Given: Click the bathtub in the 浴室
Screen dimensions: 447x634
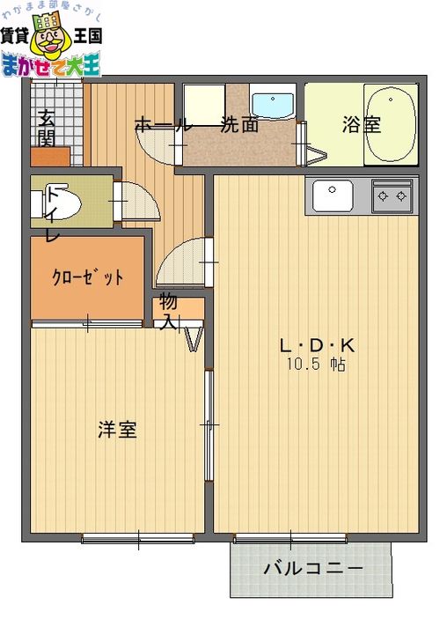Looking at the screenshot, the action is pos(391,124).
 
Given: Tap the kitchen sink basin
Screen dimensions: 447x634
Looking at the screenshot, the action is pos(333,196).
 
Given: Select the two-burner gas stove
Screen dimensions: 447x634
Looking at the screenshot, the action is pos(392,196).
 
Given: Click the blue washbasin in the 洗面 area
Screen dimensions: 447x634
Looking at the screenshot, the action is pos(273,104).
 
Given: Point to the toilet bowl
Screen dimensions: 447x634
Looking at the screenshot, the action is pos(60,202).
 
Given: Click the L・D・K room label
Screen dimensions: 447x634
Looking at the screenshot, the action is pos(318,346).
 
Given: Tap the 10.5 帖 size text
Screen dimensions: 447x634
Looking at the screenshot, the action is pos(316,365).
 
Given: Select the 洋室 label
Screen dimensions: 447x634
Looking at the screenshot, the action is pos(118,430).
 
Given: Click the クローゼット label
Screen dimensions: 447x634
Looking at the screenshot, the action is pos(87,277).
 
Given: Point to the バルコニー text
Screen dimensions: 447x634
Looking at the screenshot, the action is pos(313,569).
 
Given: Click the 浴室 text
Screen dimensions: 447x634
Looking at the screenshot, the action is pos(362,124).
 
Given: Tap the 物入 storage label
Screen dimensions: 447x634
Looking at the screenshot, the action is pos(168,312).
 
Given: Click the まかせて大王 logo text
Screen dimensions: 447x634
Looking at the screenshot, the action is pos(51,65).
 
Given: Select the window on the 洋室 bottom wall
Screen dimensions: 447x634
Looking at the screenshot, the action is pos(138,539).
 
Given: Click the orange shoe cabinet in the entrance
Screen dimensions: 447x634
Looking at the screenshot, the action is pos(50,157).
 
